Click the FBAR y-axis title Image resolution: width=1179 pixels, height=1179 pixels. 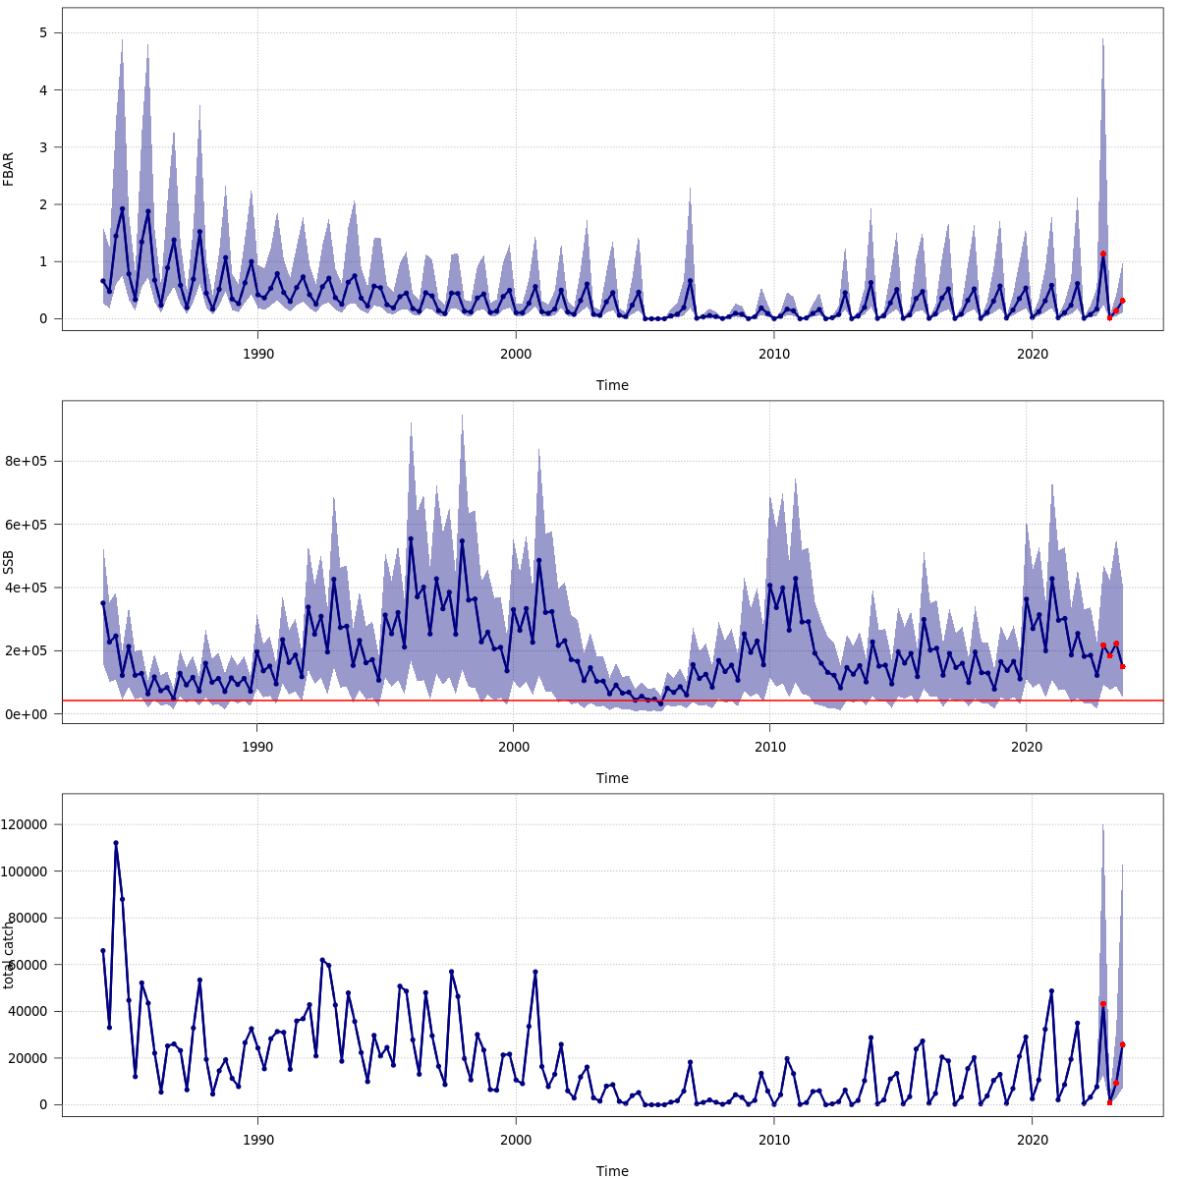coord(9,169)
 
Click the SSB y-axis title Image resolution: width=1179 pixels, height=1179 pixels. coord(9,562)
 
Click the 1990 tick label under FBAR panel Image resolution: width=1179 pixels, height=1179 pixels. coord(257,354)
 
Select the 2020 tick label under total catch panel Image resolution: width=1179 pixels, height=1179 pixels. coord(1032,1140)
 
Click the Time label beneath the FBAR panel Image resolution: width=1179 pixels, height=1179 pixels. coord(612,385)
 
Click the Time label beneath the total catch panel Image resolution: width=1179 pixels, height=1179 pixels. coord(612,1171)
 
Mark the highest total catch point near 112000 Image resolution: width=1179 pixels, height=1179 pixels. coord(116,843)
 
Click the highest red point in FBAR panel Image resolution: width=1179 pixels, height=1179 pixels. coord(1103,253)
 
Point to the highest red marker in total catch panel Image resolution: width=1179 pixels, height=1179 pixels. coord(1103,1004)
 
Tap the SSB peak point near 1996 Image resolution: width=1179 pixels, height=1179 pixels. coord(411,538)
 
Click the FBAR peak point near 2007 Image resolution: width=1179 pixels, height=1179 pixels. coord(690,281)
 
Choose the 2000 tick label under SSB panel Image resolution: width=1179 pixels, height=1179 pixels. coord(514,747)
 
